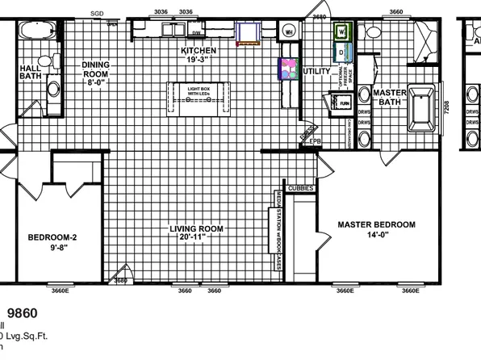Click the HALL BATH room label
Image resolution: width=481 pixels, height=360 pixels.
click(31, 72)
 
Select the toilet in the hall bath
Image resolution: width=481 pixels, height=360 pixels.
click(54, 88)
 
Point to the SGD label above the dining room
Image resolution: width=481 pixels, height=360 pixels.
click(98, 14)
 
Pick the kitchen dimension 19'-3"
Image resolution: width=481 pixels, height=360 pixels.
click(199, 61)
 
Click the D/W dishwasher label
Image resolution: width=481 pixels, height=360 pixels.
click(197, 33)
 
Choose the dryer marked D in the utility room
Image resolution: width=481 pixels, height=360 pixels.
click(341, 52)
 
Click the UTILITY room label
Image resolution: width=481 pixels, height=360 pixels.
click(316, 72)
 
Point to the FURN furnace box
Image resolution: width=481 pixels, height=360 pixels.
click(343, 104)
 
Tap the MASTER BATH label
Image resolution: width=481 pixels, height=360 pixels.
click(388, 98)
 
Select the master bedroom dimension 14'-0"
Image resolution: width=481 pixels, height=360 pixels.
click(376, 236)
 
